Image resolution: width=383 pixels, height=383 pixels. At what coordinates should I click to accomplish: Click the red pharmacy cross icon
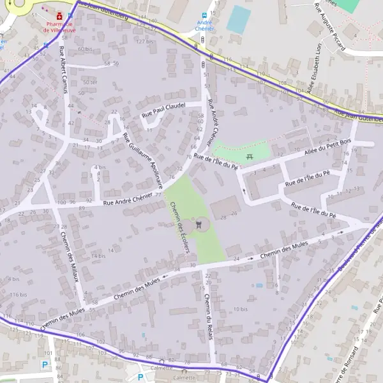click(x=59, y=14)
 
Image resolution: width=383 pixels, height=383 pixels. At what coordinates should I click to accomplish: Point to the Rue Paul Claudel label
click(x=163, y=109)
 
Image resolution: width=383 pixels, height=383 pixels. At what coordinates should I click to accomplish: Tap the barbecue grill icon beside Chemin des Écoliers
click(x=200, y=224)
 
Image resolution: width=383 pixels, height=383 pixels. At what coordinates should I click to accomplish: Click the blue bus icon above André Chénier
click(x=204, y=14)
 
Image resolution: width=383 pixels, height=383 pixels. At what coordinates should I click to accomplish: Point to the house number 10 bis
click(x=241, y=309)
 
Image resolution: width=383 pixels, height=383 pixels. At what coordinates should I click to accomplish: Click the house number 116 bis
click(x=19, y=295)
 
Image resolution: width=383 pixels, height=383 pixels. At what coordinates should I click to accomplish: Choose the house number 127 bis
click(x=145, y=41)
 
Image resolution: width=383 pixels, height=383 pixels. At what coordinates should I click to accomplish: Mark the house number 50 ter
click(x=90, y=82)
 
